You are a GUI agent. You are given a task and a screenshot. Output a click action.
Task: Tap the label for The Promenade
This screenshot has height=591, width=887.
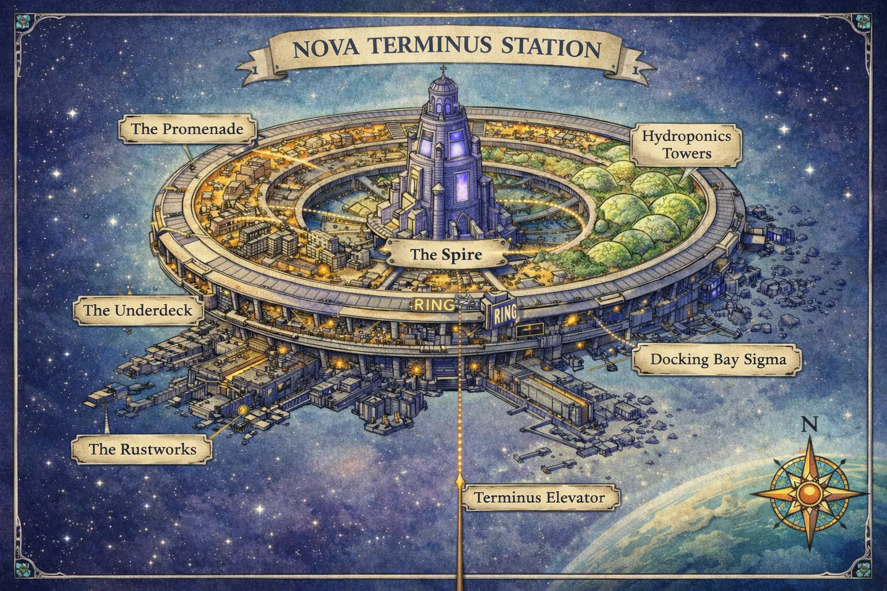click(x=187, y=128)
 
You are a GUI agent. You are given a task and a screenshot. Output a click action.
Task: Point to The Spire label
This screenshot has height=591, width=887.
click(x=445, y=253)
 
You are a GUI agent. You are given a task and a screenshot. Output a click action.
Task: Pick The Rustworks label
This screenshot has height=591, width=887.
click(x=142, y=448)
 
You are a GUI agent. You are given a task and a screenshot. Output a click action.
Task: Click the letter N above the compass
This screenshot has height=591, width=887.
click(x=810, y=424)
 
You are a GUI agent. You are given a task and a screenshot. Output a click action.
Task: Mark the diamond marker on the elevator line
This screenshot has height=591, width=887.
click(x=460, y=480)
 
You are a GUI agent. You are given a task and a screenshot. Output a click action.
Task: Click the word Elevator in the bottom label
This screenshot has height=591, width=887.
click(x=576, y=497)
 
